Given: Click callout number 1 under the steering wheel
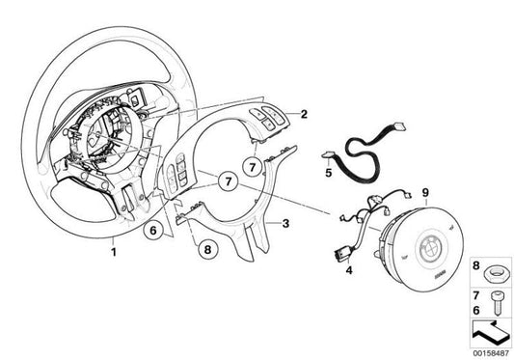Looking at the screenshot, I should pyautogui.click(x=113, y=253).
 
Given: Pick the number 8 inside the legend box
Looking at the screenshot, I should pyautogui.click(x=474, y=264).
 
